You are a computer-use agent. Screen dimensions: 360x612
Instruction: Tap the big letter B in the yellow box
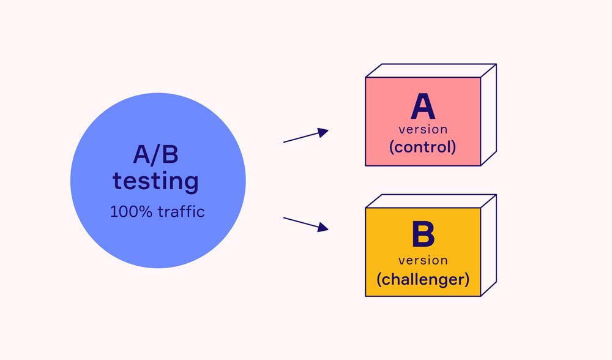tap(423, 236)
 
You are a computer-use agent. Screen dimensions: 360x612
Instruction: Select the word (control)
tap(423, 147)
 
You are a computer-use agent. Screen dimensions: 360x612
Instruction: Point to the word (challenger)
tap(423, 279)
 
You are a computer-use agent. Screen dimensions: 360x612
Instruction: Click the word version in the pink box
tap(423, 130)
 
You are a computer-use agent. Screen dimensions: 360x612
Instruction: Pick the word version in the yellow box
tap(423, 260)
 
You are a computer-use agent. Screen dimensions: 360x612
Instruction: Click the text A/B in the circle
tap(155, 155)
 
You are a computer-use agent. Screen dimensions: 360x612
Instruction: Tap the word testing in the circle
tap(155, 181)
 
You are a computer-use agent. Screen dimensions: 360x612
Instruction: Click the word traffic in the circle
tap(181, 212)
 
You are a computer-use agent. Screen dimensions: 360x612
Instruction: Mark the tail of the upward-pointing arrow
tap(285, 142)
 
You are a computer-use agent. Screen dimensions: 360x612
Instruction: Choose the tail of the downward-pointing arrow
tap(285, 218)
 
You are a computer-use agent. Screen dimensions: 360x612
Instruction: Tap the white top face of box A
tap(431, 70)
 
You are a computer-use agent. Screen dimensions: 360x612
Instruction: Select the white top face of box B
tap(431, 201)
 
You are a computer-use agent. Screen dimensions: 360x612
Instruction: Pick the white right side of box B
tap(488, 246)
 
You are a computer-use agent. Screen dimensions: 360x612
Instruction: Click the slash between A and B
tap(157, 155)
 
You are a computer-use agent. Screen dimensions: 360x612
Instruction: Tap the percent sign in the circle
tap(146, 212)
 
